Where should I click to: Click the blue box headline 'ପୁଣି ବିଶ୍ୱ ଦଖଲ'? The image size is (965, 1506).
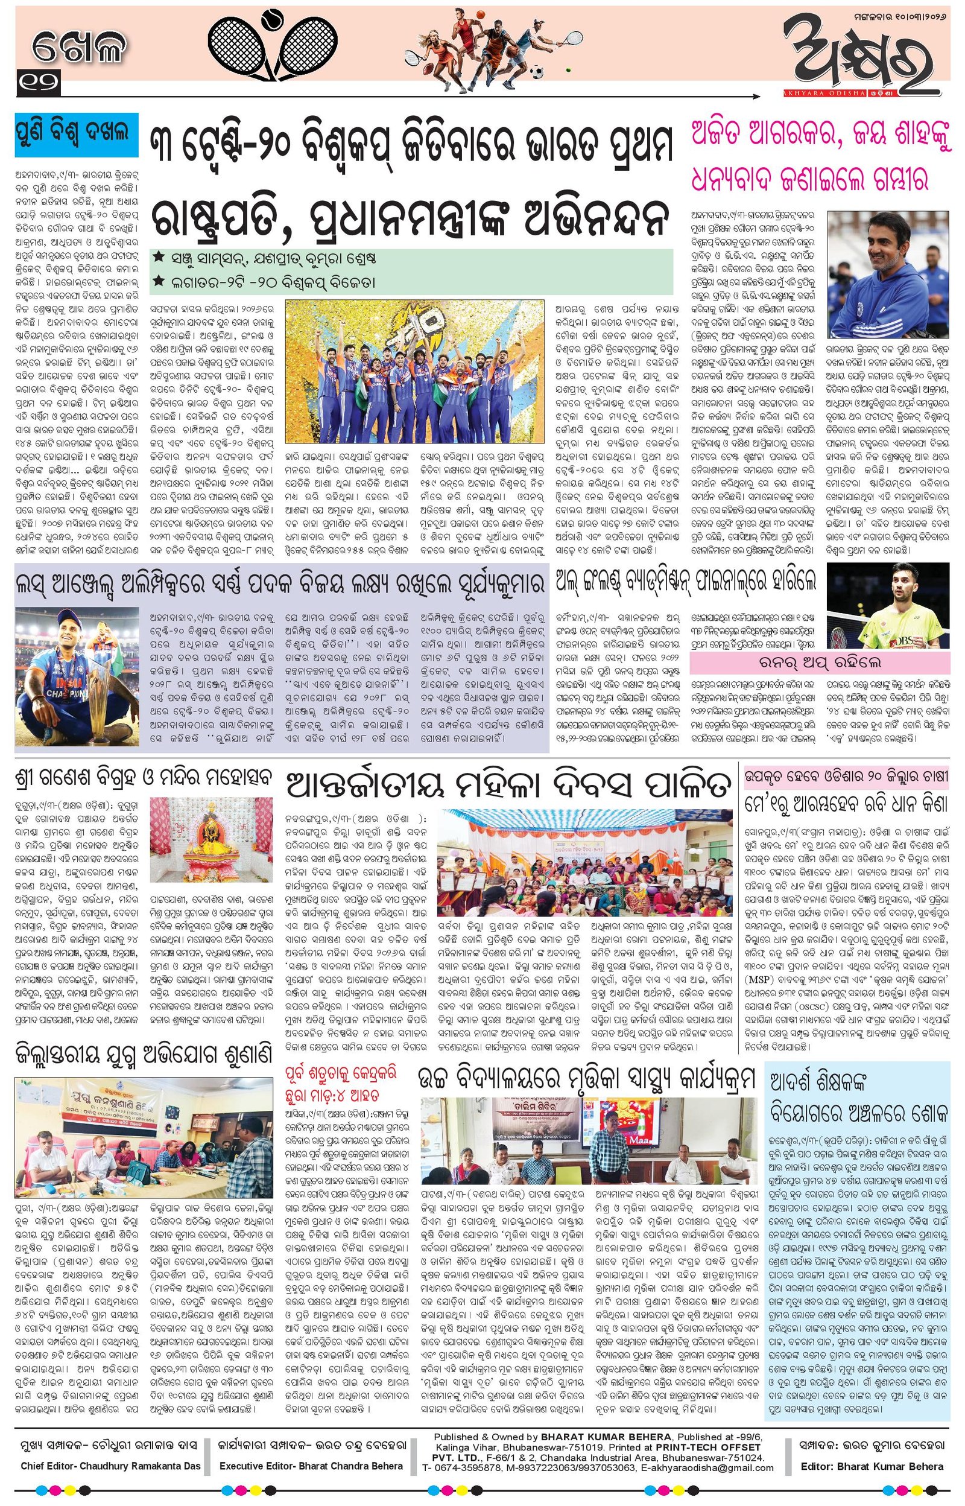(76, 133)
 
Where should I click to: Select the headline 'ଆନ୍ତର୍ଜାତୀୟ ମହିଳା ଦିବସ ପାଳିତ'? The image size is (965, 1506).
(508, 784)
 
